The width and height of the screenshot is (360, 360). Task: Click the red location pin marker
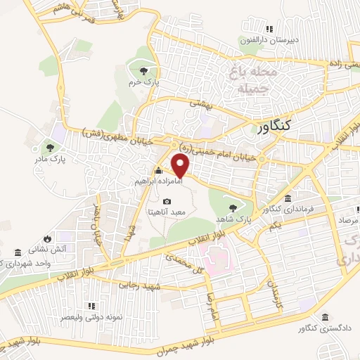coord(181,166)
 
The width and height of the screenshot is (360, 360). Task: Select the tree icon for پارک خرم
coord(144,70)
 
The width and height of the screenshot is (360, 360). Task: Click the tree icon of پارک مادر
coord(50,147)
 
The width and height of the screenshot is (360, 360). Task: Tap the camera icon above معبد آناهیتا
coord(167,202)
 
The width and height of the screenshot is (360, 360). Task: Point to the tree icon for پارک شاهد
coord(233,207)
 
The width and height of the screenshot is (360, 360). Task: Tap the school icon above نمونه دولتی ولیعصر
coord(91,307)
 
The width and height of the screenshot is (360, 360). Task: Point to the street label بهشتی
coord(199,103)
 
